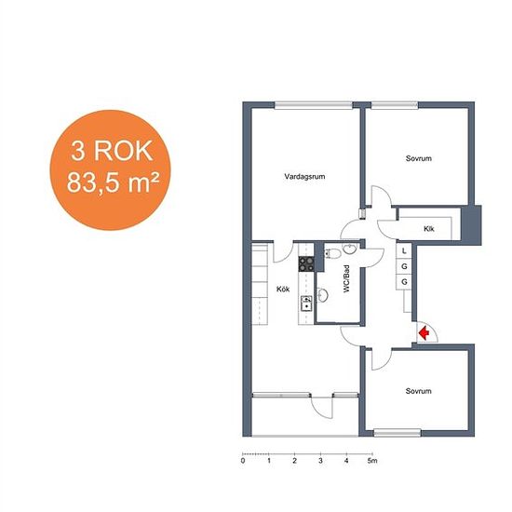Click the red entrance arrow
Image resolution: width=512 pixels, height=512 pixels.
tap(424, 333)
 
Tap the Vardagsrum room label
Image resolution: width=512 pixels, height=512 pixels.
tap(304, 177)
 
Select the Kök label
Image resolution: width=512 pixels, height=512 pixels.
tap(283, 289)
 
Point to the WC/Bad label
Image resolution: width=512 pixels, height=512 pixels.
tap(346, 278)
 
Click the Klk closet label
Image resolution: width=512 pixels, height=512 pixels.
tap(429, 229)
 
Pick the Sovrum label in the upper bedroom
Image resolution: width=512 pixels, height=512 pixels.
tap(419, 158)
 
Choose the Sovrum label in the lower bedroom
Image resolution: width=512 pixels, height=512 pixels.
tap(419, 391)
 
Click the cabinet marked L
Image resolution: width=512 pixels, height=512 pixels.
tap(404, 250)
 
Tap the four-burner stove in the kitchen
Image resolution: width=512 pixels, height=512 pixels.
tap(306, 263)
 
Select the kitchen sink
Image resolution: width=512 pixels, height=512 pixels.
tap(306, 303)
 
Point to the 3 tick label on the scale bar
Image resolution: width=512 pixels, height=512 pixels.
tap(320, 461)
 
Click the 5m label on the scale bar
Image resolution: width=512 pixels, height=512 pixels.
tap(372, 461)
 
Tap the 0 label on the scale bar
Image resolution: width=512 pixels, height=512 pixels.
tap(243, 461)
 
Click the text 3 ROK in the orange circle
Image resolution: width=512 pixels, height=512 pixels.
tap(112, 151)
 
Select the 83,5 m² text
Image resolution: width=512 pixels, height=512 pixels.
tap(113, 182)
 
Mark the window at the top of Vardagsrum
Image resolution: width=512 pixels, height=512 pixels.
tap(314, 105)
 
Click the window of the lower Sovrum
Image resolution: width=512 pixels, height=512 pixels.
tap(397, 433)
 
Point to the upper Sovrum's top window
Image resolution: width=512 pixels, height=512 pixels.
tap(395, 105)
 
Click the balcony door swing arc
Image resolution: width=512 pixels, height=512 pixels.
tap(318, 411)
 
